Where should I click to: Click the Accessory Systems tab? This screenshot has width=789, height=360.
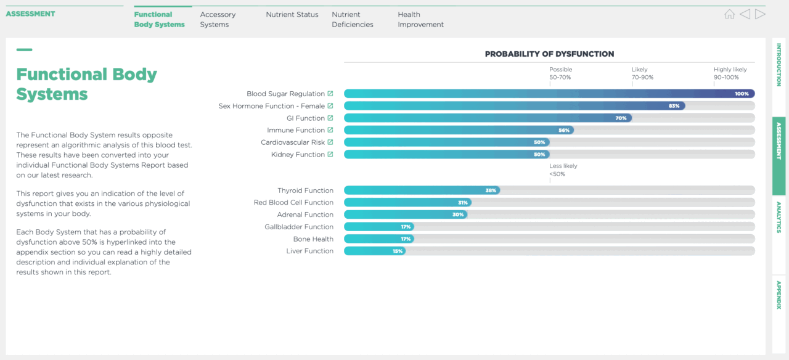(x=218, y=19)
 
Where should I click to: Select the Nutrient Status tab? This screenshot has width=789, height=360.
(x=292, y=14)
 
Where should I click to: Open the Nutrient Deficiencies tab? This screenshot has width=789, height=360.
(x=352, y=19)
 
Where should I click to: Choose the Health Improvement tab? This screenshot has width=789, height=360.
(x=420, y=19)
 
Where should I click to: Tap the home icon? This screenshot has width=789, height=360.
(x=729, y=14)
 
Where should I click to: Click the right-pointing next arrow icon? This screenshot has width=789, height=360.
(x=760, y=14)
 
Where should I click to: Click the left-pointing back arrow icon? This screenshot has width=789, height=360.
(x=745, y=14)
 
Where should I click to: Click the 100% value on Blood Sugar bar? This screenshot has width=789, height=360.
(x=742, y=94)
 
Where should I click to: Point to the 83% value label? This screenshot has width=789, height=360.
(x=674, y=106)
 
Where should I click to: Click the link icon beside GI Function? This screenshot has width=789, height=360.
(x=330, y=118)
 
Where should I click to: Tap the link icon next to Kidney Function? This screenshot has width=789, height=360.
(x=330, y=154)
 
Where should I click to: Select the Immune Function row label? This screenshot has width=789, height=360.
(x=296, y=130)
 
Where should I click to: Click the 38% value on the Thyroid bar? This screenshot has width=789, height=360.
(x=491, y=190)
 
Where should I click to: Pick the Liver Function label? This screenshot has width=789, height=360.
(x=309, y=251)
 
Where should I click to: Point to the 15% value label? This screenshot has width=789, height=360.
(x=398, y=251)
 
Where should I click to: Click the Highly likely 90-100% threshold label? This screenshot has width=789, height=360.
(x=730, y=73)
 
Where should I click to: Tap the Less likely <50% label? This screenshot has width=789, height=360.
(x=563, y=170)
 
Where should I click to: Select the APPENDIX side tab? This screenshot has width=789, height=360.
(x=779, y=295)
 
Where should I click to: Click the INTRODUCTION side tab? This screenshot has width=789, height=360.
(x=779, y=65)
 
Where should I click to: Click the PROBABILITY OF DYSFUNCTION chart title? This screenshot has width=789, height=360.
(x=549, y=54)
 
